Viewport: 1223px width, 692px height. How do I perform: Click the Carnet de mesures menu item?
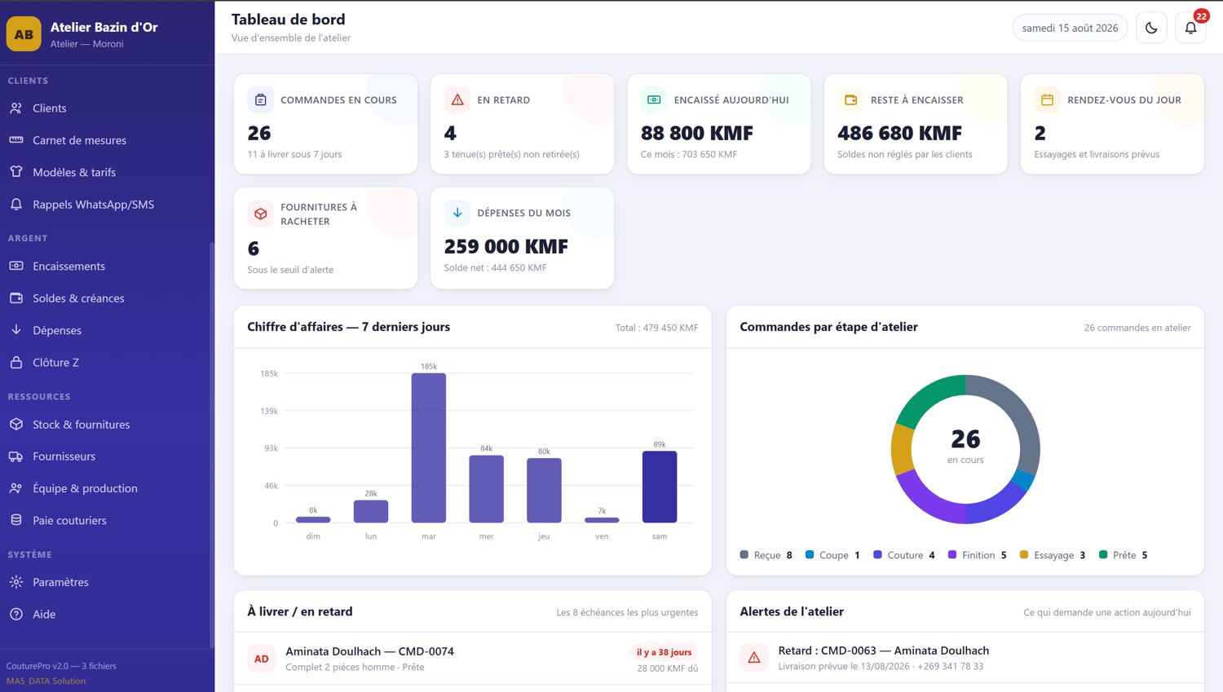point(79,140)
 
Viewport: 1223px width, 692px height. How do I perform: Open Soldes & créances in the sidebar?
point(78,298)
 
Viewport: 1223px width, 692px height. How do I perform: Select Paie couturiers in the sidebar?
point(69,520)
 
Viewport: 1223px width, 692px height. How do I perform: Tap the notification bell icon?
point(1190,28)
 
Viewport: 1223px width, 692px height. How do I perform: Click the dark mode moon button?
point(1151,28)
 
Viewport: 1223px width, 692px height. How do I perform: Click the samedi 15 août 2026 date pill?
point(1070,28)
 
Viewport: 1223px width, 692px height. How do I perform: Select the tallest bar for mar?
point(429,447)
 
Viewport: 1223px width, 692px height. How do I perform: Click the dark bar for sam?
point(660,487)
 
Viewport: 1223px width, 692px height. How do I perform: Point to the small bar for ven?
point(602,519)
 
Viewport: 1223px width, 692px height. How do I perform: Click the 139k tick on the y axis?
point(269,411)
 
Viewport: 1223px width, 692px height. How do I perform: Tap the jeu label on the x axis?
point(544,536)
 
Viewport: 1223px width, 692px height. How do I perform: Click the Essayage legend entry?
point(1053,555)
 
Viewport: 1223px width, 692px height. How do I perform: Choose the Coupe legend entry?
point(832,555)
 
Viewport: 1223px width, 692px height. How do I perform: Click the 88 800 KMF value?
point(696,133)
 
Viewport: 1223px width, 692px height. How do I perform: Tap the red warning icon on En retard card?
point(457,100)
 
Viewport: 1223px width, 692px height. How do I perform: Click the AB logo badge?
point(24,34)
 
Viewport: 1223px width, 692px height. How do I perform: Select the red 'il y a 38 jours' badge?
point(664,652)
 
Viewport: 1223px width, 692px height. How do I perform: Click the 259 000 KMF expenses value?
point(506,247)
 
